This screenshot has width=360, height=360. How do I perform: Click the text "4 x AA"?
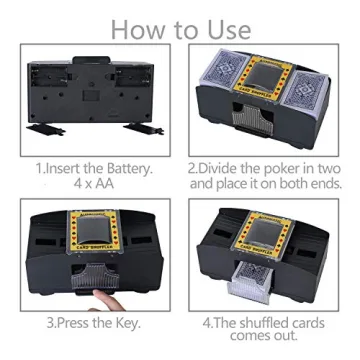coord(94,184)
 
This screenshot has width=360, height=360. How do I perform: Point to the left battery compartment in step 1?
coord(56,78)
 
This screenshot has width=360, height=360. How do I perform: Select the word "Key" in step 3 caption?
coord(128,325)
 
